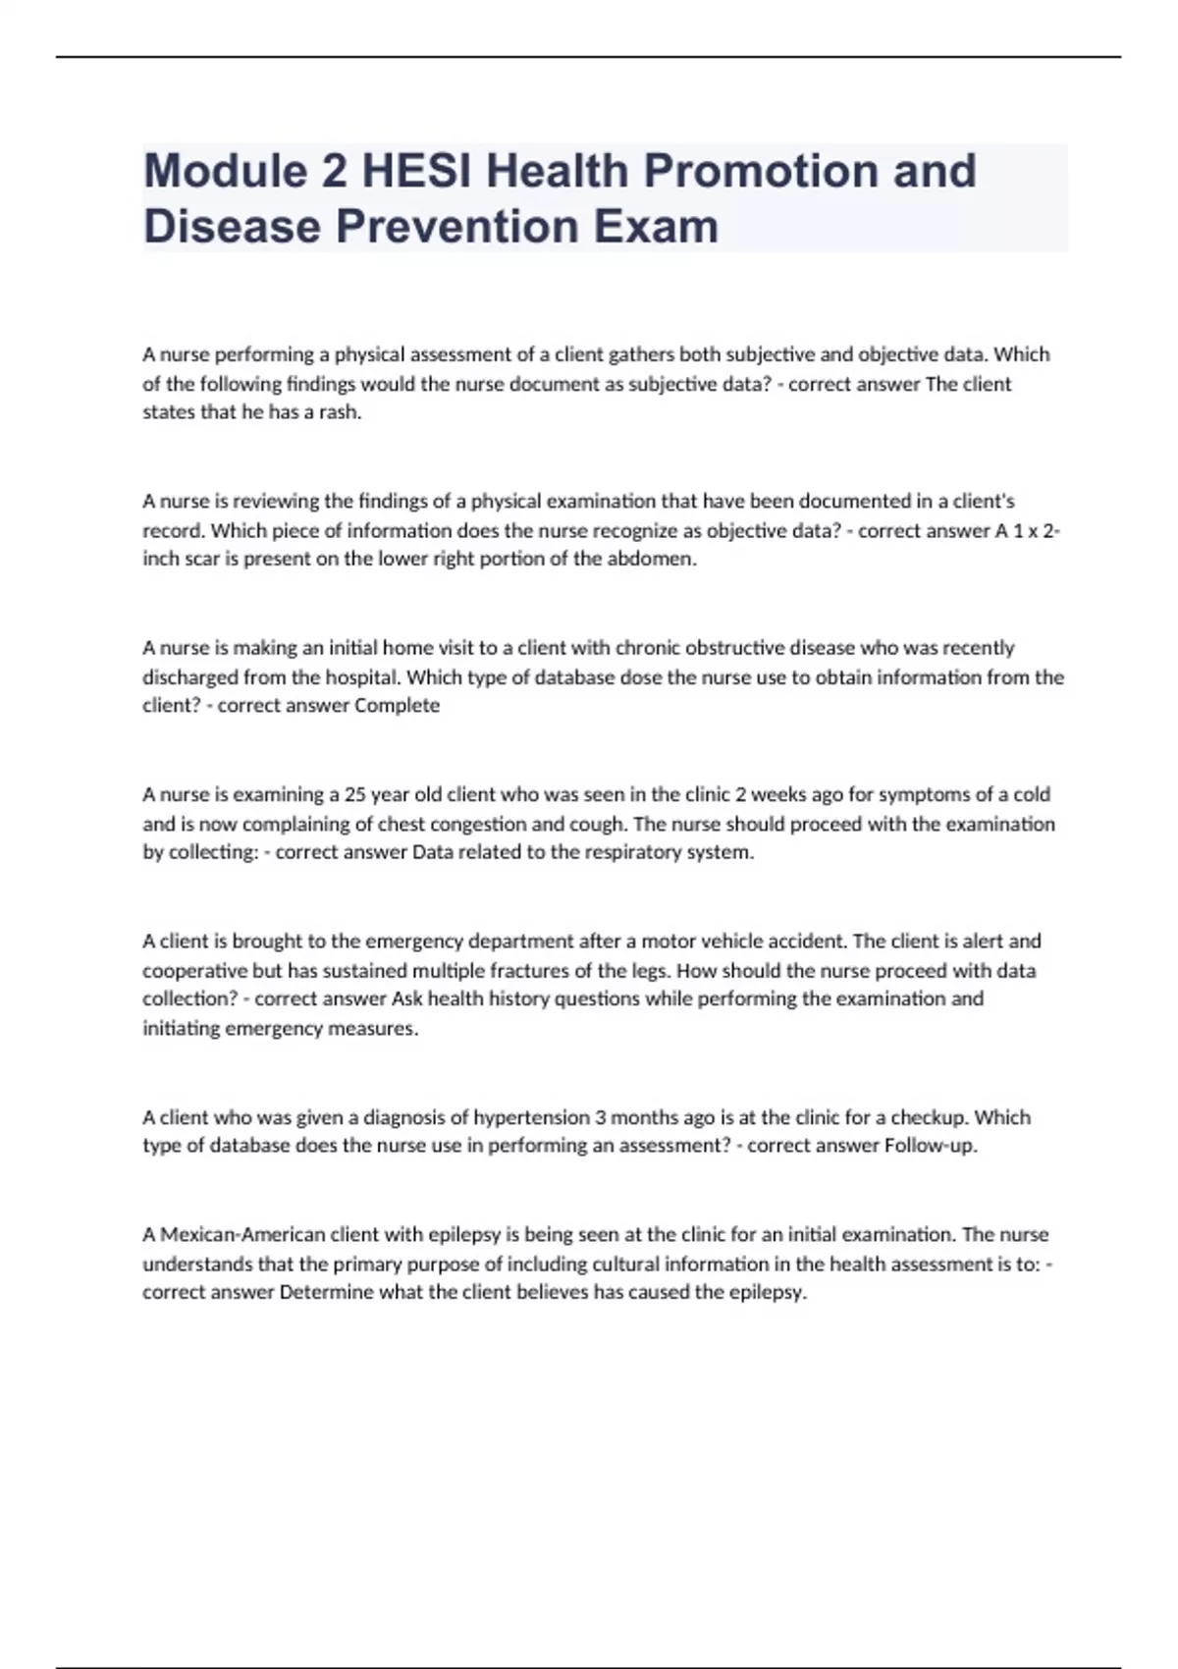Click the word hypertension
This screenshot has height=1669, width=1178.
click(530, 1117)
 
